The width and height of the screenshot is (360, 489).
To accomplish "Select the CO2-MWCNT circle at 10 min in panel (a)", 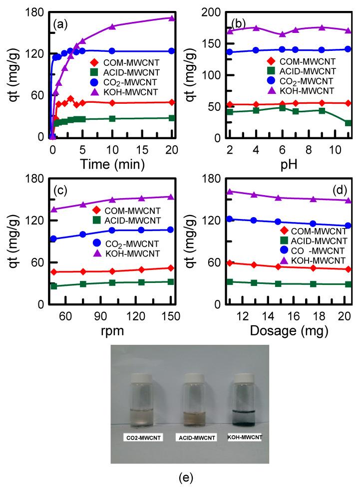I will click(112, 51).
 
